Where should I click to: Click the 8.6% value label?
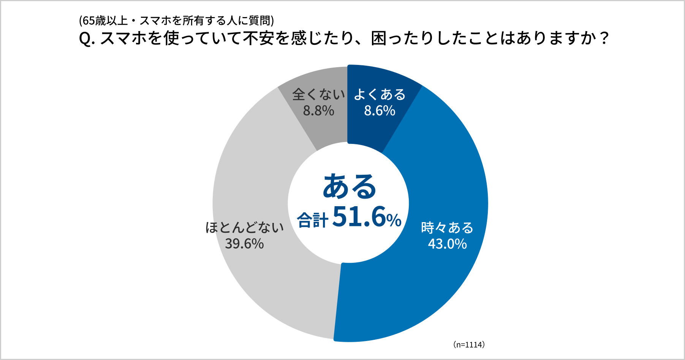(380, 111)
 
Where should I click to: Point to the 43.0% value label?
(447, 244)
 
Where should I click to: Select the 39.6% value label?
(244, 244)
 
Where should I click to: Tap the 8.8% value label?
(318, 111)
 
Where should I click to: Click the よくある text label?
(380, 95)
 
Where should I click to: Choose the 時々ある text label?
(447, 227)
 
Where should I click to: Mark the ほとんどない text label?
(245, 227)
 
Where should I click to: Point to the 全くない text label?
(318, 95)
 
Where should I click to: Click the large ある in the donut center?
(349, 186)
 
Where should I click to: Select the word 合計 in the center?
(312, 220)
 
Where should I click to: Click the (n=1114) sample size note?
(469, 345)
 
